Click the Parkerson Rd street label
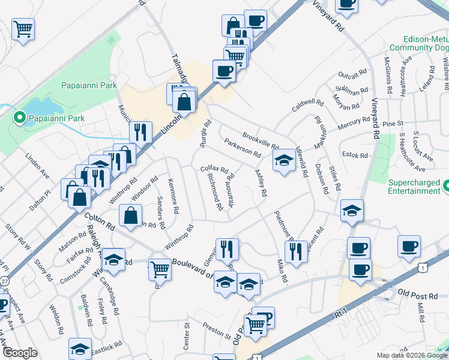pos(242,148)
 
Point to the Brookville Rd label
pos(261,141)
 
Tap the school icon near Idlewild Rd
pos(284,160)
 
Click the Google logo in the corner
pos(20,353)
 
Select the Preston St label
pos(216,331)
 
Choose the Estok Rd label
pos(354,155)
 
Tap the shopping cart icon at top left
pos(23,28)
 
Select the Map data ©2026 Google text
pos(411,355)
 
